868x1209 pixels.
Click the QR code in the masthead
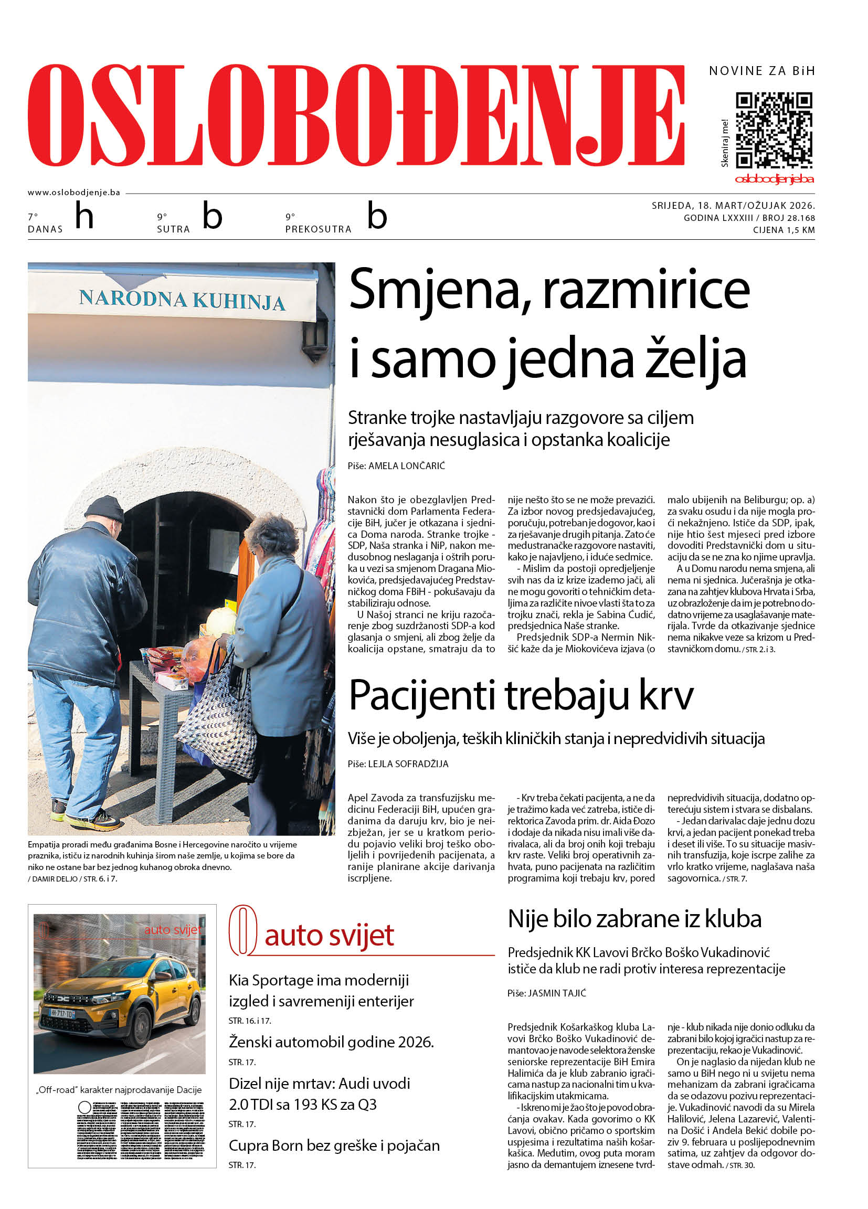(x=774, y=131)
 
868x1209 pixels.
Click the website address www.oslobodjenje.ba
(x=73, y=193)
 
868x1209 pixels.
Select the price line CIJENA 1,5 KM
(x=783, y=230)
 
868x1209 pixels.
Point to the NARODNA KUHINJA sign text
(x=182, y=300)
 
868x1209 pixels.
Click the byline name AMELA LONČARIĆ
(x=406, y=466)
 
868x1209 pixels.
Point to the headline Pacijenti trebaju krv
(x=521, y=695)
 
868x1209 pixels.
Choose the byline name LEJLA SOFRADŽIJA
(x=408, y=764)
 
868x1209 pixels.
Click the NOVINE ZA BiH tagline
(x=761, y=71)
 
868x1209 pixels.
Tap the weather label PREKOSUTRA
(x=319, y=229)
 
